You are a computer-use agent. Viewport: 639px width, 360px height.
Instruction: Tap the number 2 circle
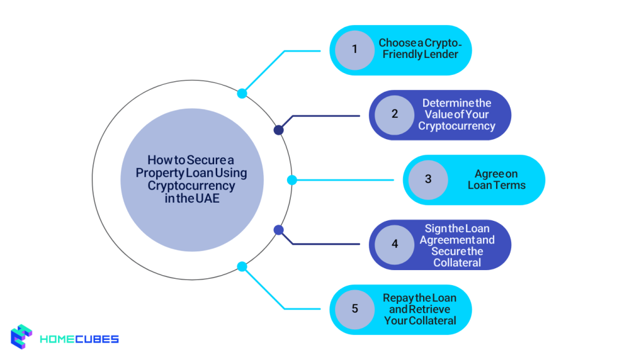pos(394,114)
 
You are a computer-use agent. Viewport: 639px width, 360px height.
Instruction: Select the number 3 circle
pos(428,180)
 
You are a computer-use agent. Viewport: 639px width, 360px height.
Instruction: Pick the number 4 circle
pos(394,244)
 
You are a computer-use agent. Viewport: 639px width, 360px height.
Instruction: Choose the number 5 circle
pos(354,309)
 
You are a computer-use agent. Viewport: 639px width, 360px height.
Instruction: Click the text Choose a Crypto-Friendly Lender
pos(418,49)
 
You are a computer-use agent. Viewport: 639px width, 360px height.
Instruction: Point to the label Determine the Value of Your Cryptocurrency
pos(457,114)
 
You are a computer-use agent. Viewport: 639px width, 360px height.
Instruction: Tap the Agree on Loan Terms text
pos(496,180)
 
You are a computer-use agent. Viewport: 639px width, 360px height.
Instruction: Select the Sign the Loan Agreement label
pos(457,234)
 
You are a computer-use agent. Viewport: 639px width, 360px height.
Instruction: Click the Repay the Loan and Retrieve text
pos(416,303)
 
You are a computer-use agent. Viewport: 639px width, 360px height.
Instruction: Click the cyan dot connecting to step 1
pos(242,94)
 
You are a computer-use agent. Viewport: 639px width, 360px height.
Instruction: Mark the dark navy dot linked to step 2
pos(279,130)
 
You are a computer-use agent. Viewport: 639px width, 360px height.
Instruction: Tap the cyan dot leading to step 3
pos(291,180)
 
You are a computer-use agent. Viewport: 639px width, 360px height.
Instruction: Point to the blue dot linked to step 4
pos(279,230)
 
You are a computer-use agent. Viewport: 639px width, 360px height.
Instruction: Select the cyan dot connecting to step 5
pos(242,266)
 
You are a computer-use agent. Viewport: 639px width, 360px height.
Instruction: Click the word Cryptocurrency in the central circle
pos(192,186)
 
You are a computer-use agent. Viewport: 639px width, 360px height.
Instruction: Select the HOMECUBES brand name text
pos(79,339)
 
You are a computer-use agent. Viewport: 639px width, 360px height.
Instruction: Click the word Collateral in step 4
pos(457,263)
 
